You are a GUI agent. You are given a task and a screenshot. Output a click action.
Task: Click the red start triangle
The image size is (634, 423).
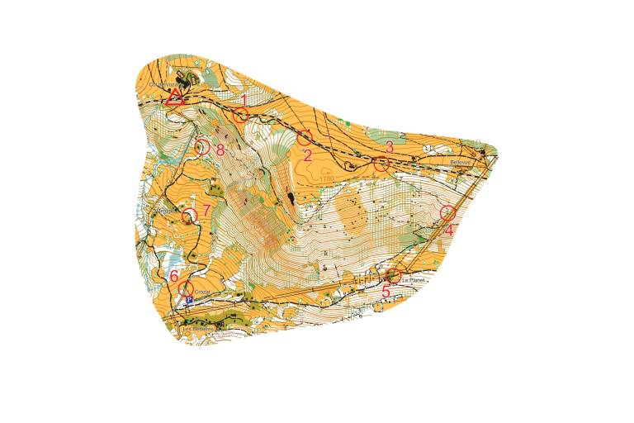[x=174, y=97]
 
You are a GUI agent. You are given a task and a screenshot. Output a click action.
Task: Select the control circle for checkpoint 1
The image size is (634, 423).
[x=240, y=115]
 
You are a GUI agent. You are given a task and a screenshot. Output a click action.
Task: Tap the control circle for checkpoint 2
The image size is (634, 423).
[x=305, y=137]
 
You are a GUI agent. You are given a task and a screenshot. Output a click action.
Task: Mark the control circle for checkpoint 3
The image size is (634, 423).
[x=381, y=164]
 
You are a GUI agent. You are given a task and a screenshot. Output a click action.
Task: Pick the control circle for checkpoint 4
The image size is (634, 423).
[x=447, y=212]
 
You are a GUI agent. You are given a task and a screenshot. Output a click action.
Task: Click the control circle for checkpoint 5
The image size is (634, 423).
[x=394, y=275]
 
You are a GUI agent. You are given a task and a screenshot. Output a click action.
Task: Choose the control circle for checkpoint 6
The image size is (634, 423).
[x=186, y=288]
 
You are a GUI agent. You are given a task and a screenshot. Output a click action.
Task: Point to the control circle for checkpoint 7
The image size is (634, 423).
[x=190, y=216]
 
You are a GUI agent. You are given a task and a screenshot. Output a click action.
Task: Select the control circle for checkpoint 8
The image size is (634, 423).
[x=201, y=148]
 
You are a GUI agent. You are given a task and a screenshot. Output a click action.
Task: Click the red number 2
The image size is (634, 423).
[x=307, y=154]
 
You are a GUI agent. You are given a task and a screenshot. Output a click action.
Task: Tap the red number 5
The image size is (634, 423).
[x=386, y=292]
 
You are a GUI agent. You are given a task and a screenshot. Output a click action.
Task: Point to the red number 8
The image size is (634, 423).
[x=220, y=150]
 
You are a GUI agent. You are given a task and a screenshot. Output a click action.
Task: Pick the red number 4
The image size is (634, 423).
[x=449, y=231]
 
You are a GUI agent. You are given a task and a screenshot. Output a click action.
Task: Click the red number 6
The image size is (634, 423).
[x=174, y=275]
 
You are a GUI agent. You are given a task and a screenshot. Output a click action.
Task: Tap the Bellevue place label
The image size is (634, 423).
[x=461, y=163]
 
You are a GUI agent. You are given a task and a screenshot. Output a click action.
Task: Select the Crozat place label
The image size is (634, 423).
[x=203, y=293]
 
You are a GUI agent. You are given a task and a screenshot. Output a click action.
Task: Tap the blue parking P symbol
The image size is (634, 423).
[x=189, y=301]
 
